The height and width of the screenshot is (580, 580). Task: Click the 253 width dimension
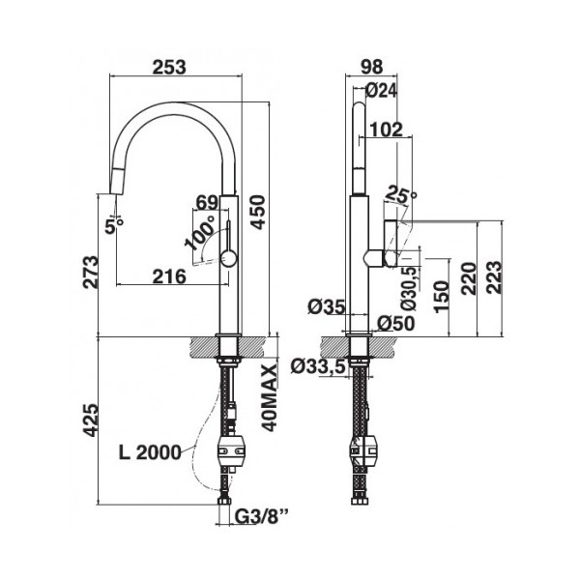click(169, 67)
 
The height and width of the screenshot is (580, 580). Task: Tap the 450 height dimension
click(257, 213)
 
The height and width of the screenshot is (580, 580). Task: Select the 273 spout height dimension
click(91, 272)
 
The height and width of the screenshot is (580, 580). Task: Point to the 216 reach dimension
click(169, 276)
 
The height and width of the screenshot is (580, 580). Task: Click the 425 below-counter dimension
click(91, 420)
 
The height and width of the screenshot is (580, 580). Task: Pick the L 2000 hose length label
click(150, 452)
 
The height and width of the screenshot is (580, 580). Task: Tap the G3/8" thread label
click(262, 517)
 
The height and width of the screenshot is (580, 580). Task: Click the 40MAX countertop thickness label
click(270, 397)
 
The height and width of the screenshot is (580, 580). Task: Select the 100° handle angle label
click(200, 232)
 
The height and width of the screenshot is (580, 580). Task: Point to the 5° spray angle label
click(113, 225)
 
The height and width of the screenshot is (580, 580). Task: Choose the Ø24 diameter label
click(382, 90)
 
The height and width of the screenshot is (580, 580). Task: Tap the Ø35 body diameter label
click(327, 306)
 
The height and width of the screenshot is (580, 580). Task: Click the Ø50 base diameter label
click(396, 324)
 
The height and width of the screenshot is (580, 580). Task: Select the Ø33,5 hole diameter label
click(318, 366)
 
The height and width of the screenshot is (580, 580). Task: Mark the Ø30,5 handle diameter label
click(410, 288)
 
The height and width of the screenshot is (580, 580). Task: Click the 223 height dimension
click(494, 277)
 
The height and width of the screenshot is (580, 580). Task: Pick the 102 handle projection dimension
click(386, 130)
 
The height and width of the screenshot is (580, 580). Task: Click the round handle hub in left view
click(228, 258)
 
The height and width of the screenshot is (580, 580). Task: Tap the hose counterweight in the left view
click(231, 450)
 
